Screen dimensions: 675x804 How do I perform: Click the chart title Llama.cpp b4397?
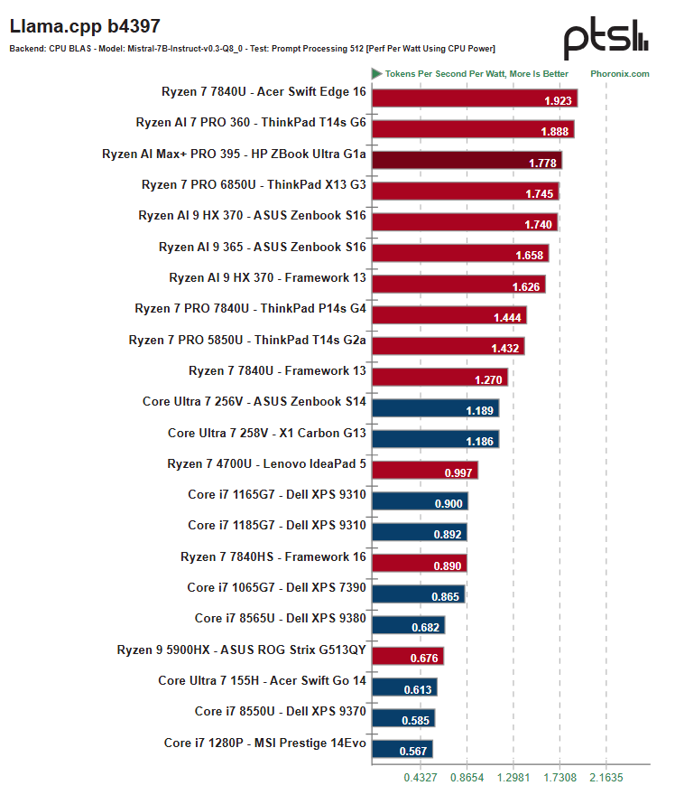[85, 26]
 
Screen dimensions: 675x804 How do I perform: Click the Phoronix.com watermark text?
[620, 74]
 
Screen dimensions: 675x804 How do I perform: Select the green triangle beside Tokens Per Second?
[377, 74]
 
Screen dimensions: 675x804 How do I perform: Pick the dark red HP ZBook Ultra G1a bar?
[467, 160]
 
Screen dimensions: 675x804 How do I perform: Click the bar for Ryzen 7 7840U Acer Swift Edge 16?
[475, 98]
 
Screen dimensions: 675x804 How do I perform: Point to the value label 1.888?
[555, 132]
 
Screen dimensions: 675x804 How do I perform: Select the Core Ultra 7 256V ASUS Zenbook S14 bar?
[435, 408]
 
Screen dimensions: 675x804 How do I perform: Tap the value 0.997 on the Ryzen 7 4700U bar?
[458, 472]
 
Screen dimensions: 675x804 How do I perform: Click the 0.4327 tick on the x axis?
[421, 777]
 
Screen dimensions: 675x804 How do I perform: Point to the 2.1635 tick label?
[606, 777]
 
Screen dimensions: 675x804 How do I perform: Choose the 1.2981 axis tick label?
[513, 777]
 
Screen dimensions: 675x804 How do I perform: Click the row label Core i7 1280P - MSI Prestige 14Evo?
[264, 743]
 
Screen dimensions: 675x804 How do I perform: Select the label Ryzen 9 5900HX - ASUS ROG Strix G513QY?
[241, 650]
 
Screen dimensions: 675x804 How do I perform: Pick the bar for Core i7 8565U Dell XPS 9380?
[408, 625]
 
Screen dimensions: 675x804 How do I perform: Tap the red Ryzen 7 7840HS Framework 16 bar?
[420, 563]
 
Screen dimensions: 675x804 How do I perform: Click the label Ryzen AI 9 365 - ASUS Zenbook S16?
[263, 247]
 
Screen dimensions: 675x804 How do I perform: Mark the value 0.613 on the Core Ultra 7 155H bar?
[418, 689]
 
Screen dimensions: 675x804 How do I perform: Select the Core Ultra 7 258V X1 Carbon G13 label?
[267, 433]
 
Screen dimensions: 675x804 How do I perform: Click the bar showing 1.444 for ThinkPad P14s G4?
[449, 315]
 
